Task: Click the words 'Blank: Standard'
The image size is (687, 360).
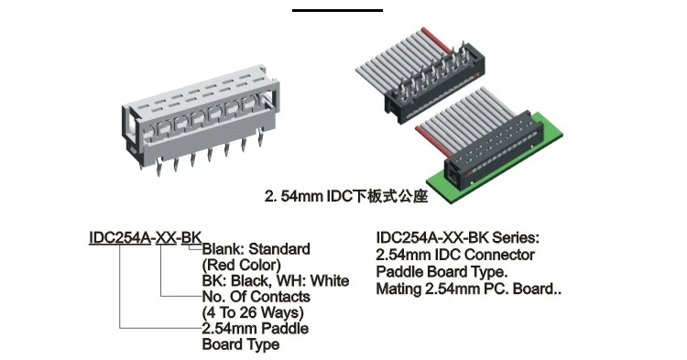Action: (x=256, y=249)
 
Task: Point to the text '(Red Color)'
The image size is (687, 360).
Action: (x=241, y=265)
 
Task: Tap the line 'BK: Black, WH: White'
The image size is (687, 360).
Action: (x=275, y=280)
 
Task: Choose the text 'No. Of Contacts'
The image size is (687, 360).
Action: (x=256, y=297)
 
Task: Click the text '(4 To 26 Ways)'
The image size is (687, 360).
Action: (x=252, y=312)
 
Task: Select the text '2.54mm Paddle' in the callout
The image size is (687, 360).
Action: (x=255, y=328)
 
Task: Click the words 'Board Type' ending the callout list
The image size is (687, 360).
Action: (x=241, y=344)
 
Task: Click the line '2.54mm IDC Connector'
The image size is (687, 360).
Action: (x=455, y=254)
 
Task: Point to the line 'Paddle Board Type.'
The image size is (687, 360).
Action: (x=442, y=272)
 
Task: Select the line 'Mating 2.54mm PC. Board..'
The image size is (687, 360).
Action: (x=469, y=290)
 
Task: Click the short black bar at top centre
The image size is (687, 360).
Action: (x=337, y=9)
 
